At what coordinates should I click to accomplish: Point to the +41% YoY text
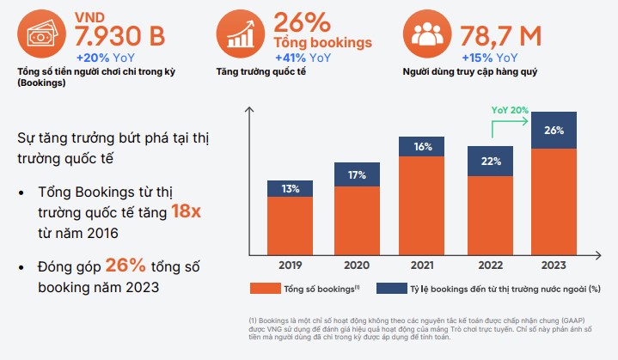coord(302,58)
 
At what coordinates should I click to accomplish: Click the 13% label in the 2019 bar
coord(291,189)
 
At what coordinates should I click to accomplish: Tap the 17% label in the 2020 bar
coord(357,176)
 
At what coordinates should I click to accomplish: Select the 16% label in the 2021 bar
coord(423,147)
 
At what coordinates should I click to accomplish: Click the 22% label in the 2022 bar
coord(489,162)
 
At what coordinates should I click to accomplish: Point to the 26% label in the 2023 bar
coord(554,131)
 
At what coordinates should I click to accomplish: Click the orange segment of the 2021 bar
coord(423,206)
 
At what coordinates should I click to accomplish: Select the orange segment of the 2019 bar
coord(291,226)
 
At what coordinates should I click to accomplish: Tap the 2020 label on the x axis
coord(357,265)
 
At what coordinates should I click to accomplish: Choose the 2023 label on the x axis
coord(554,265)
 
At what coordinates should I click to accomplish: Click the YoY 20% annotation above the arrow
coord(510,110)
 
